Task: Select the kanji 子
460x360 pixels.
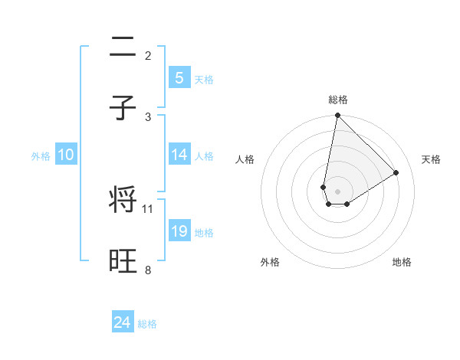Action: click(123, 108)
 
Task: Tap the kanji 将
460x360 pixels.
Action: click(123, 200)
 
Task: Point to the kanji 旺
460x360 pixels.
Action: click(123, 261)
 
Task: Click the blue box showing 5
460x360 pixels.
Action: click(179, 77)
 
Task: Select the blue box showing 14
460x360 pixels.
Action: click(179, 155)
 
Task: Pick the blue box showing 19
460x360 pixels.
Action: click(179, 231)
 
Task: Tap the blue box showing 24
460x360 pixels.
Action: click(123, 322)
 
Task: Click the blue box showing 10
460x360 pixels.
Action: click(66, 155)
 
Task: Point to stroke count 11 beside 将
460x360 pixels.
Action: click(148, 208)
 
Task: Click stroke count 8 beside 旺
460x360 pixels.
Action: click(148, 270)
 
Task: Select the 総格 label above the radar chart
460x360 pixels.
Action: click(338, 100)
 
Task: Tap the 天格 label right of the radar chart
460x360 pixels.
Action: click(431, 159)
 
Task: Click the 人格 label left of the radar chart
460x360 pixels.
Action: click(245, 159)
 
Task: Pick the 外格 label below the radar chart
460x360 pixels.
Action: click(270, 262)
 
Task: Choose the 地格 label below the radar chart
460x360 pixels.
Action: click(402, 262)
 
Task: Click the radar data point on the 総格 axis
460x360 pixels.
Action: click(337, 116)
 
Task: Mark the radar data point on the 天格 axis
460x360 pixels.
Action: click(396, 172)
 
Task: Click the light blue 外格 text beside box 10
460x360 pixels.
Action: click(41, 155)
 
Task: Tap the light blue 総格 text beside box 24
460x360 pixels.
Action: click(147, 324)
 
